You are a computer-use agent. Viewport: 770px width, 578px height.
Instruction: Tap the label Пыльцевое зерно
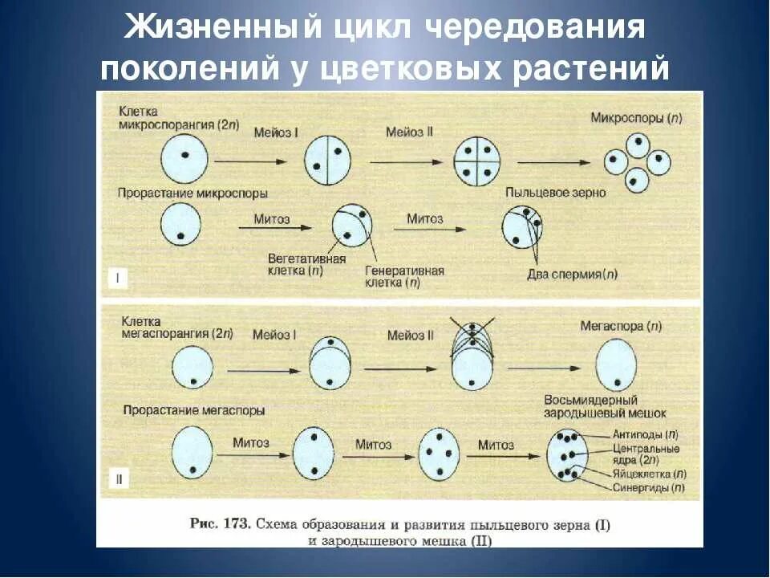(555, 193)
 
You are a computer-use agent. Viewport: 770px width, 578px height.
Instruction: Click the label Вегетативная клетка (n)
(308, 265)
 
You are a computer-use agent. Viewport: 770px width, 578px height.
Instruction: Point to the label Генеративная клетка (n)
(404, 277)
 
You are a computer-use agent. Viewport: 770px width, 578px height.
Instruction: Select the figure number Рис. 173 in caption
(218, 524)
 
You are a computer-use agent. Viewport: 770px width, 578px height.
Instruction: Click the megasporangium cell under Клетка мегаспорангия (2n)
(189, 368)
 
